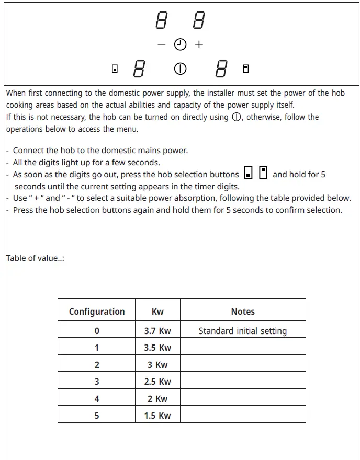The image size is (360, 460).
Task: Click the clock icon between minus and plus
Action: pyautogui.click(x=181, y=45)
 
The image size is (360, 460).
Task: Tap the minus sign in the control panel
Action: pyautogui.click(x=162, y=45)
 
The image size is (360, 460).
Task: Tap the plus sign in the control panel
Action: pyautogui.click(x=199, y=45)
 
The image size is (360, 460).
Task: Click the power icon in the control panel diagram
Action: pyautogui.click(x=181, y=69)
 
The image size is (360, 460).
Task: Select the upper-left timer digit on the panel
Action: pyautogui.click(x=161, y=21)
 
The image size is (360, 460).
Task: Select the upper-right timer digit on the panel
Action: pyautogui.click(x=199, y=21)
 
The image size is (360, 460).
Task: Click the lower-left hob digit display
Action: pyautogui.click(x=139, y=69)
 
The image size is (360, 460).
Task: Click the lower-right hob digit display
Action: pyautogui.click(x=221, y=69)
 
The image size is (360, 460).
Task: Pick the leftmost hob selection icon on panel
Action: pyautogui.click(x=115, y=69)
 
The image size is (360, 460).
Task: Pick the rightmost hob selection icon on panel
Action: pyautogui.click(x=245, y=68)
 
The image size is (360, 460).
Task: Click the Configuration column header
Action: pyautogui.click(x=97, y=312)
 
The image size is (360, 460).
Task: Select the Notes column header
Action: pyautogui.click(x=243, y=312)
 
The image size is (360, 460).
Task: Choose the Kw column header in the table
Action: pyautogui.click(x=157, y=312)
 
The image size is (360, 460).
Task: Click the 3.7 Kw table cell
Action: pyautogui.click(x=157, y=331)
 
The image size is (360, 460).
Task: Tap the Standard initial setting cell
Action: pyautogui.click(x=243, y=331)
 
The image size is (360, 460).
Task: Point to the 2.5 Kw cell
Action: pyautogui.click(x=157, y=382)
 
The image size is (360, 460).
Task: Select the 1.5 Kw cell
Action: pyautogui.click(x=157, y=416)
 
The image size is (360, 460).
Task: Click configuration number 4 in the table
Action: pyautogui.click(x=97, y=399)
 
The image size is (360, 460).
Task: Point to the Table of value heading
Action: pyautogui.click(x=35, y=258)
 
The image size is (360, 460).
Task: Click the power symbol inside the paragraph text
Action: pyautogui.click(x=237, y=117)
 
